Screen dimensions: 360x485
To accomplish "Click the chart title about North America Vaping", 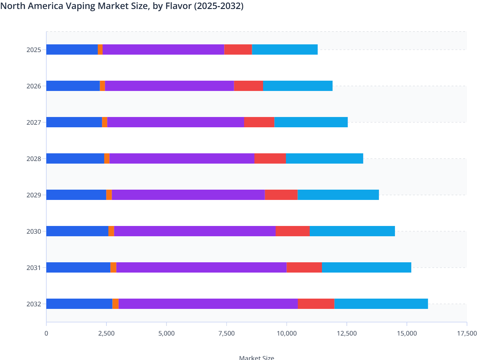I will tap(122, 6).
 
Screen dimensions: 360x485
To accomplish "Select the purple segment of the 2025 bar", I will tap(163, 50).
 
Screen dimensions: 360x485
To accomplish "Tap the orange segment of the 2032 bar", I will tap(115, 304).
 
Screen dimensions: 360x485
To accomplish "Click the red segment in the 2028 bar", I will tap(270, 158).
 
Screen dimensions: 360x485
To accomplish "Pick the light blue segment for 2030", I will tap(352, 231).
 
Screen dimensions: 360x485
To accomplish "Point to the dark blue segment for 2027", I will tap(74, 122).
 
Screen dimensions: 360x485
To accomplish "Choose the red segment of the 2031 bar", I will tap(304, 267).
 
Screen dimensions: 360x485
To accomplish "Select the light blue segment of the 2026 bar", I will tap(297, 86).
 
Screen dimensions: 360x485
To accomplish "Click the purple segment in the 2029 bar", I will tap(188, 195).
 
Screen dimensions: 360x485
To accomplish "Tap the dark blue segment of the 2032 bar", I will tap(79, 304).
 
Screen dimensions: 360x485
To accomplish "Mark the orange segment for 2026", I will tap(102, 86).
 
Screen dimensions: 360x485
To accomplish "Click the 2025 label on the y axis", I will tap(34, 50).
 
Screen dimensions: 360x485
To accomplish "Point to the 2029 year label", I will tap(34, 195).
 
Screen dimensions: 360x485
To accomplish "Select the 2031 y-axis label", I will tap(34, 268).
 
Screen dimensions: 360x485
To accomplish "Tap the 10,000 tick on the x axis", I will tap(287, 333).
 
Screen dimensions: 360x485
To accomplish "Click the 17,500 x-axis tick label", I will tap(467, 333).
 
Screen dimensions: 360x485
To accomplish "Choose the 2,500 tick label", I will tap(106, 333).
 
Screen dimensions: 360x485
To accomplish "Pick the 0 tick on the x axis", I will tap(46, 333).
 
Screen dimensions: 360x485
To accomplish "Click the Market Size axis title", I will tap(256, 357).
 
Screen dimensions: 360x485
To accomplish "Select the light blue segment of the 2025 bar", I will tap(285, 50).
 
